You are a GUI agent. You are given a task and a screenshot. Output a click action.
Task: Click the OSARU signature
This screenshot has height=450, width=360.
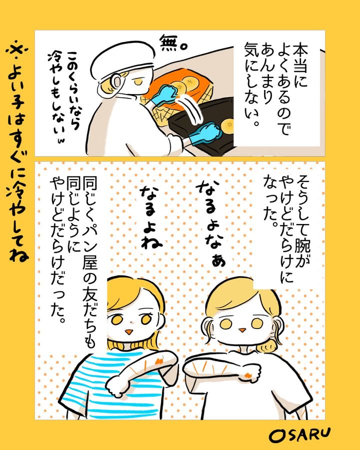[x=299, y=435]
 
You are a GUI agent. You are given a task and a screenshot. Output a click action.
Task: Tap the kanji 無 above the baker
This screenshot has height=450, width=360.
[x=169, y=43]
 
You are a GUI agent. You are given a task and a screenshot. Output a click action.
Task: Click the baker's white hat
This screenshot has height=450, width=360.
[x=121, y=59]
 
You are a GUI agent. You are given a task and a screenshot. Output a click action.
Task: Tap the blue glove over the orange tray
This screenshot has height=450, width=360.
[x=164, y=94]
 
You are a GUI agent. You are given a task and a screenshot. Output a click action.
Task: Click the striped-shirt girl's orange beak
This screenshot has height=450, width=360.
[x=129, y=332]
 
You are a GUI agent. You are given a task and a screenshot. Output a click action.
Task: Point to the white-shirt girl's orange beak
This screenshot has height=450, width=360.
[x=242, y=330]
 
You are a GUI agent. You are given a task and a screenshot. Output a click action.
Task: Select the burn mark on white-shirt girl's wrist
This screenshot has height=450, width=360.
[x=248, y=375]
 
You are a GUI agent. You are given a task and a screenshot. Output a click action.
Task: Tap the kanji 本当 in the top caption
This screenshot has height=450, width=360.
[x=299, y=57]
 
